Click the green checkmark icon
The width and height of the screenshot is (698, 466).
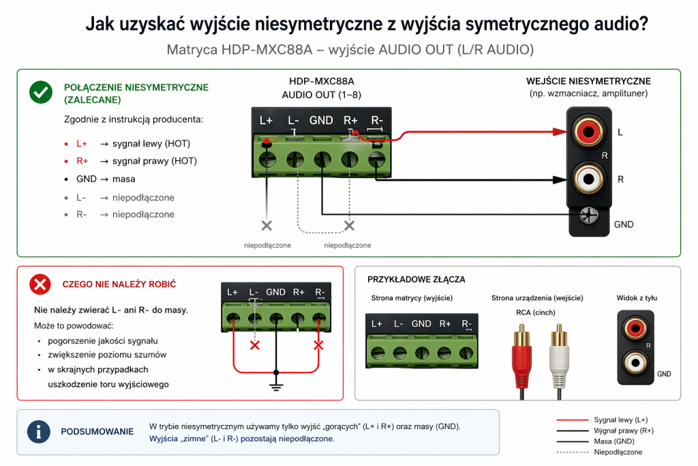(x=41, y=92)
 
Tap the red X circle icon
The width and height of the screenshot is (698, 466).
(x=41, y=284)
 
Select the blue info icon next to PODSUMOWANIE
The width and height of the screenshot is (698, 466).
(x=38, y=432)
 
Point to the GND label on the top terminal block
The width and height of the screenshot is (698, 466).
(x=321, y=121)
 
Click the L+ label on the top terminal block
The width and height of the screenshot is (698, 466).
(x=267, y=121)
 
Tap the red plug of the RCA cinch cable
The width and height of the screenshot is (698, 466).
(x=522, y=355)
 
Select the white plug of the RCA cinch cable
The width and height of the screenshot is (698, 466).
(x=558, y=355)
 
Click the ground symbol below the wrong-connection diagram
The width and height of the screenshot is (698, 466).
(x=276, y=388)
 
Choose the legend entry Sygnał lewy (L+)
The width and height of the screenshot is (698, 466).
(x=620, y=419)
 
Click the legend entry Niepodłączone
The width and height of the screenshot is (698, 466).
(x=618, y=452)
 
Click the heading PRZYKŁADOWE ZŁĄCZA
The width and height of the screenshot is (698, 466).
(x=416, y=280)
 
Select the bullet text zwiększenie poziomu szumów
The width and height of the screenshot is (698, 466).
(x=106, y=355)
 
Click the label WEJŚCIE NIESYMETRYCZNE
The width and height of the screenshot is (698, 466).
(x=588, y=81)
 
